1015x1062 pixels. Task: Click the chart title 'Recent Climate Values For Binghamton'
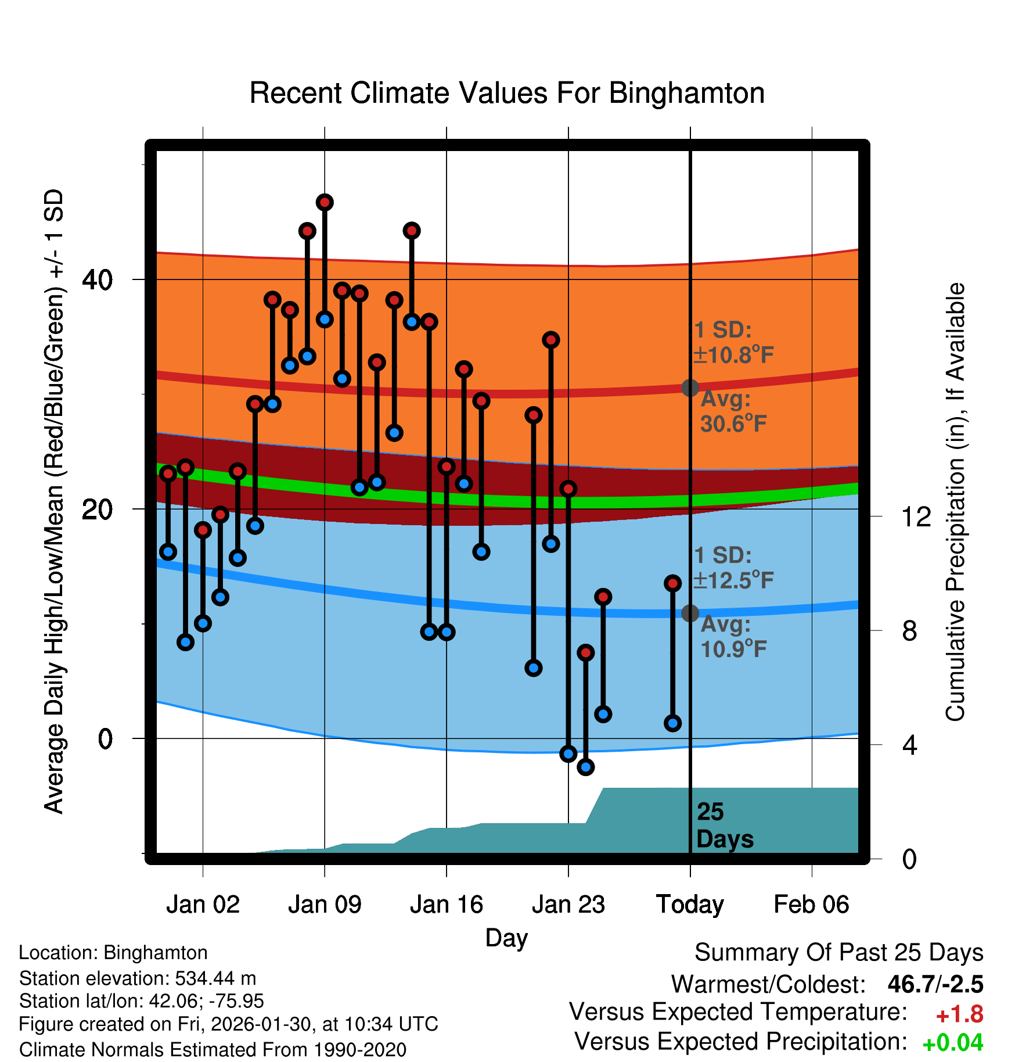507,93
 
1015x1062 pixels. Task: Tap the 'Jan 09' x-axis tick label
325,905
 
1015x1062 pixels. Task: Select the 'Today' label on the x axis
690,905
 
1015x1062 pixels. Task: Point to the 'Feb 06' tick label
811,905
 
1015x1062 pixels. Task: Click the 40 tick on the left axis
97,280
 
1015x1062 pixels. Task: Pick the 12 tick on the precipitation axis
916,516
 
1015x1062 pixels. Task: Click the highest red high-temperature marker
325,202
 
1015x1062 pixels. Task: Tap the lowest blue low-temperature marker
586,767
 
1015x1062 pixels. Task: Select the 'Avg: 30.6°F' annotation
733,412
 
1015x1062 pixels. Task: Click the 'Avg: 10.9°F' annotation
733,637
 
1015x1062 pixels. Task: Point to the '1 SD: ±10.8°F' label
733,343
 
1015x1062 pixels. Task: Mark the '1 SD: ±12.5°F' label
733,568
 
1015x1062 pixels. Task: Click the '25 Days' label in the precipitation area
724,826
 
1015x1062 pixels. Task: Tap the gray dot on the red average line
690,388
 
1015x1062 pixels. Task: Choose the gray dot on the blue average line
690,613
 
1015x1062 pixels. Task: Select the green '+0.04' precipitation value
952,1043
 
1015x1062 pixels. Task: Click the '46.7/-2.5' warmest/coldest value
935,985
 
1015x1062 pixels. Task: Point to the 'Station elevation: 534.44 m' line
138,978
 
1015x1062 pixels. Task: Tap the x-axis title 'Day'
506,938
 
